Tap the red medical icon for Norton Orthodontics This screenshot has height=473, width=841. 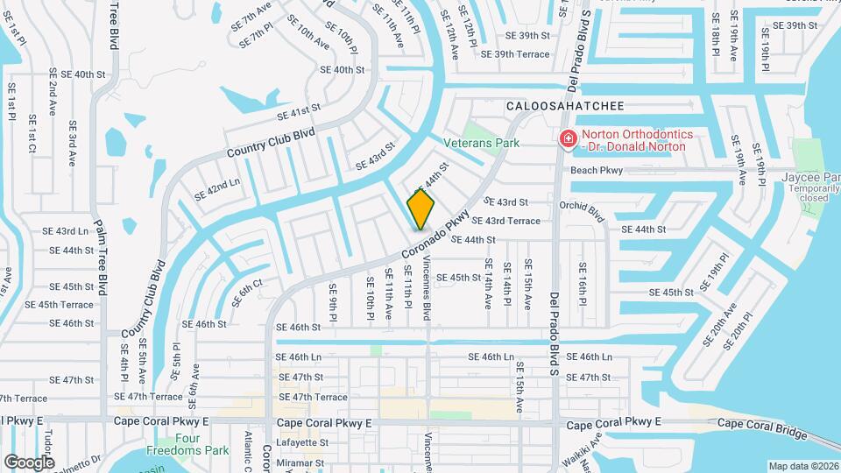pos(567,138)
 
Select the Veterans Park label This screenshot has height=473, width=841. pos(481,143)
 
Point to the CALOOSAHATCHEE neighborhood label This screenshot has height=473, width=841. pos(565,106)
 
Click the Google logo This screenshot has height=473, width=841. pos(29,462)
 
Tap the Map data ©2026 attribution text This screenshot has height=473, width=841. pos(802,466)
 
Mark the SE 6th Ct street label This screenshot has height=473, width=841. pos(247,293)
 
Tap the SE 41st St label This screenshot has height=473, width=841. pos(299,111)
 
